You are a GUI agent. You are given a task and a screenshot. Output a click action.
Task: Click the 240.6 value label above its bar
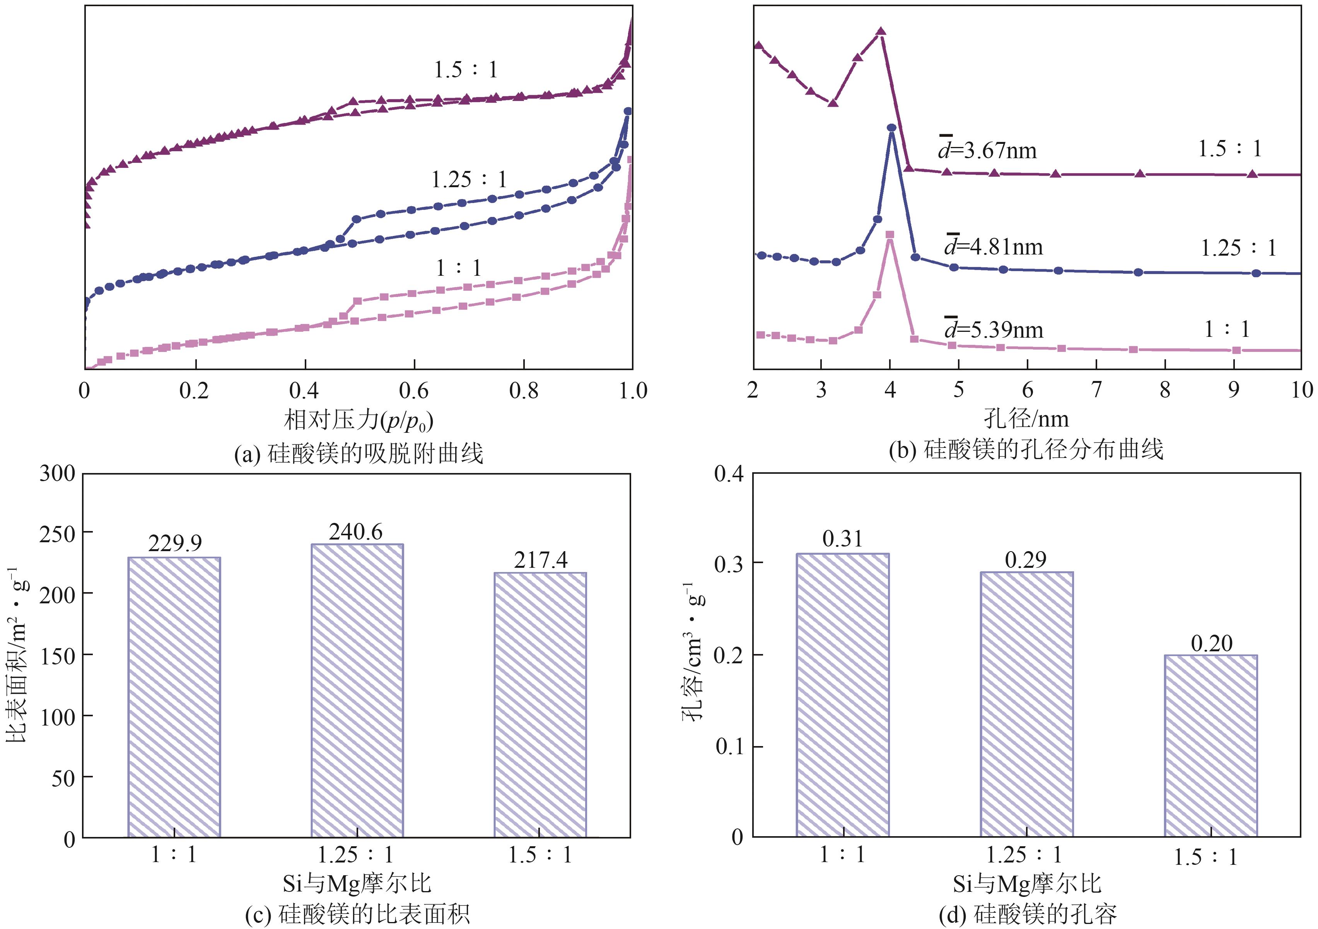click(x=355, y=532)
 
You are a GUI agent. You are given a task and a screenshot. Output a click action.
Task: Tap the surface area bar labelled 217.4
click(x=540, y=705)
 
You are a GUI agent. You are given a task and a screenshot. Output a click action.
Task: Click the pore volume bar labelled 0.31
click(x=842, y=695)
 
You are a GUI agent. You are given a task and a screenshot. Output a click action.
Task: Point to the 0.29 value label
click(x=1026, y=560)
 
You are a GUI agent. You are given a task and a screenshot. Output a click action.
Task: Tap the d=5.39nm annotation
click(x=993, y=330)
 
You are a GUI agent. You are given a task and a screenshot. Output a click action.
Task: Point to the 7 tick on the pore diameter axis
click(x=1096, y=390)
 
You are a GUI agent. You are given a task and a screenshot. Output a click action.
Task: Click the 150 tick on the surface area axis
click(x=57, y=656)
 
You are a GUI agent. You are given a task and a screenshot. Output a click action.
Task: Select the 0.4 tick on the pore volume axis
click(x=729, y=474)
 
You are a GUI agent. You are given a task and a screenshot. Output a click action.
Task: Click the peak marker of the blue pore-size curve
click(x=891, y=128)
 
